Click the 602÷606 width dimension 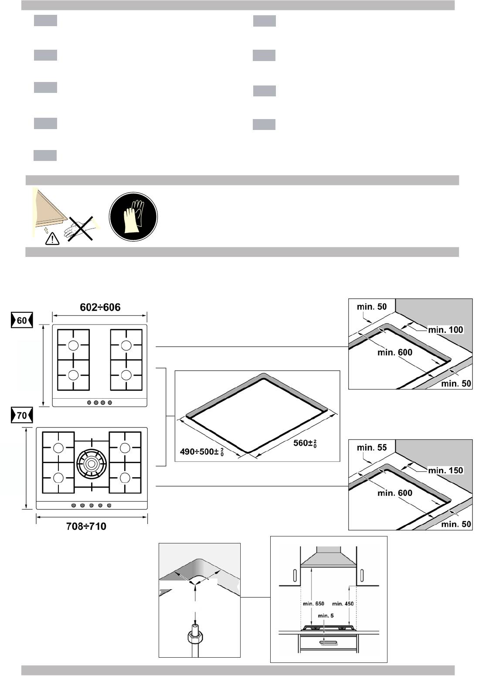[100, 307]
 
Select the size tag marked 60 [22, 320]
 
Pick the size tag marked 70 [22, 415]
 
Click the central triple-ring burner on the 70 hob [92, 463]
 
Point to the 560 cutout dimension [305, 443]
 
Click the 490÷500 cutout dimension [202, 452]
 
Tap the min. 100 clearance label [445, 330]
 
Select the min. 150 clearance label [445, 470]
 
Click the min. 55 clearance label [372, 447]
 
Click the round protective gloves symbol [133, 216]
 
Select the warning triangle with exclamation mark [52, 239]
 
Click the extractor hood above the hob [329, 557]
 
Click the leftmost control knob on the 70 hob [74, 505]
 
